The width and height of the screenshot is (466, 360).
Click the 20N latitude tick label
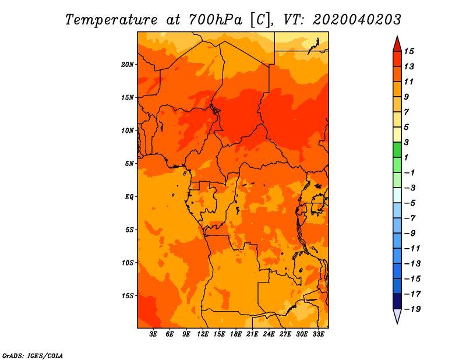[128, 65]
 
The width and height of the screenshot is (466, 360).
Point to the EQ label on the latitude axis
[129, 197]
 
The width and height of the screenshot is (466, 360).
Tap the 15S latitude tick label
[128, 296]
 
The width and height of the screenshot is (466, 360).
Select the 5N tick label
[129, 164]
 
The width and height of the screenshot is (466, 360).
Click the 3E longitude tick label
[153, 334]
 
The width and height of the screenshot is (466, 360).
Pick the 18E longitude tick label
[236, 334]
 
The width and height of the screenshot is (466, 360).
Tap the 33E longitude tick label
[318, 334]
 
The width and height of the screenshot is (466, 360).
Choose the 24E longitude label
[269, 334]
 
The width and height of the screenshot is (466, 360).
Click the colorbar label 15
[409, 51]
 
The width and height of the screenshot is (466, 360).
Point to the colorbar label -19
[412, 309]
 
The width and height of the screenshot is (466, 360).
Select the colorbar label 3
[407, 142]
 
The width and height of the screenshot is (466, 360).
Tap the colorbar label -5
[410, 203]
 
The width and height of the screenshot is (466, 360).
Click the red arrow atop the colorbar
[397, 44]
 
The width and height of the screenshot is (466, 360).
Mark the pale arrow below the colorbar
[397, 316]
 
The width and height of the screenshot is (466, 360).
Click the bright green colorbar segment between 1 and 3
[397, 150]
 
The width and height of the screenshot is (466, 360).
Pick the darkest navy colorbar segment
[397, 301]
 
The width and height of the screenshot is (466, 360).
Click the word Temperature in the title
[111, 20]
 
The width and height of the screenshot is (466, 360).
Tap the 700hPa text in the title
[216, 20]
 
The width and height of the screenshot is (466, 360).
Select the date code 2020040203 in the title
[356, 20]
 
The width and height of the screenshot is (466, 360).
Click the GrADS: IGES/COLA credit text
[33, 356]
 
